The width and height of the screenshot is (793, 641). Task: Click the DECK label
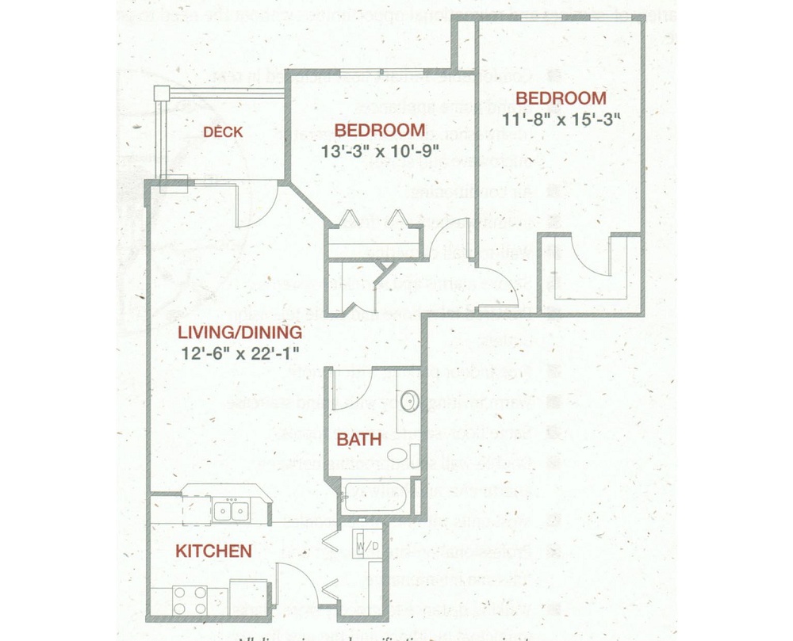(x=223, y=132)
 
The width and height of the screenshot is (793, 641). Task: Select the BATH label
(x=359, y=439)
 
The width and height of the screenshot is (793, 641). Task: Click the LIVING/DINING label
(x=239, y=332)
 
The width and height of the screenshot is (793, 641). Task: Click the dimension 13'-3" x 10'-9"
(x=379, y=149)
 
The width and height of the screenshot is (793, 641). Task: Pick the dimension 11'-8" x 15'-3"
(x=561, y=119)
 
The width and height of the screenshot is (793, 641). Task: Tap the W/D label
(x=366, y=546)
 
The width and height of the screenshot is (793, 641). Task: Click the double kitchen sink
(x=232, y=511)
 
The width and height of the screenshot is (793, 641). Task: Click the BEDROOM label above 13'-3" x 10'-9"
(x=379, y=130)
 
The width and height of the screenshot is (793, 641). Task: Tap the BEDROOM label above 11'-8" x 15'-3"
(x=561, y=99)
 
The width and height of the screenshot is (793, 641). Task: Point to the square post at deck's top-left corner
(x=162, y=93)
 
